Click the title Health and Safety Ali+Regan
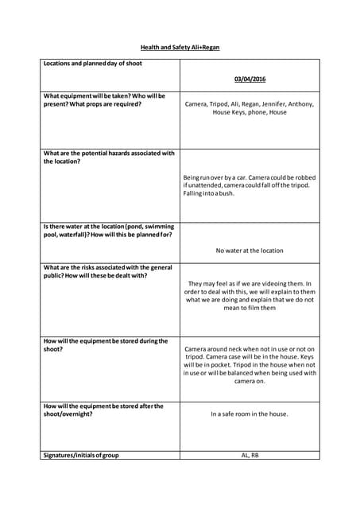coord(180,48)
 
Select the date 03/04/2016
coord(250,80)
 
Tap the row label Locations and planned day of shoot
coord(93,63)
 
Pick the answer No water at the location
coord(250,251)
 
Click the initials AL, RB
coord(250,455)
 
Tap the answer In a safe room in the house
coord(250,414)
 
